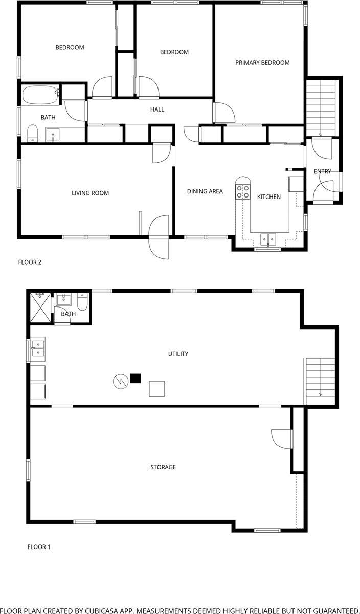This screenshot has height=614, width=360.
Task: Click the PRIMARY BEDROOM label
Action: (x=262, y=63)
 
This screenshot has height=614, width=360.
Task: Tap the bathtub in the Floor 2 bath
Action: (x=41, y=95)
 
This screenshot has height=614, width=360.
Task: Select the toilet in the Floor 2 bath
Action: (x=32, y=133)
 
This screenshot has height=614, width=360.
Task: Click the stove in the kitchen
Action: (x=243, y=191)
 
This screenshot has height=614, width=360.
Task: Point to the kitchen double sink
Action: (x=268, y=239)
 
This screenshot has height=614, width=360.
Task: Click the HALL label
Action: (x=157, y=109)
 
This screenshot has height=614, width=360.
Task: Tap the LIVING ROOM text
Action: (x=90, y=193)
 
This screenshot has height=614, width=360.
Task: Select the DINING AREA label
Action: (x=205, y=191)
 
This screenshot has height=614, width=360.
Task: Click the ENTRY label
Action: (x=323, y=171)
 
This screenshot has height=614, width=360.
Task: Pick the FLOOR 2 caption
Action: (x=30, y=262)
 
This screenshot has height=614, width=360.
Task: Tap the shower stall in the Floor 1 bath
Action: (x=40, y=308)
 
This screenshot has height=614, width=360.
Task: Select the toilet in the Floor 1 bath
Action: (x=82, y=301)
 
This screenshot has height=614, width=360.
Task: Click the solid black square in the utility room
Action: (x=136, y=378)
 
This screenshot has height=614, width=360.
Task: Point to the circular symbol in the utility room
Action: (x=121, y=381)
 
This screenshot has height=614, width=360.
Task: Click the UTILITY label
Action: (x=178, y=354)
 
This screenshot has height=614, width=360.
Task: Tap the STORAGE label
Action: (x=163, y=467)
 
